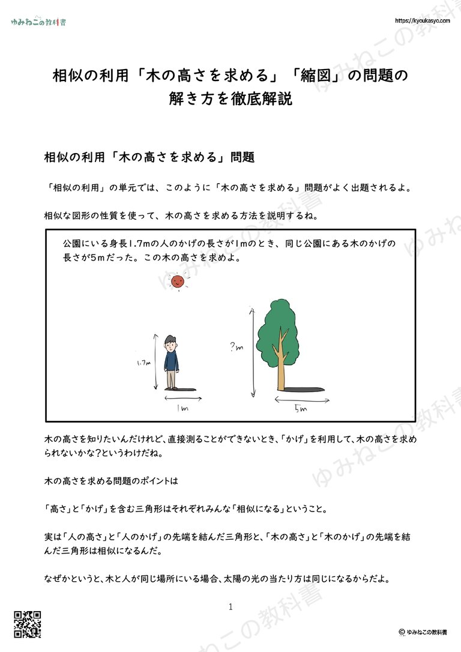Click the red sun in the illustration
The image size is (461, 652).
click(x=176, y=281)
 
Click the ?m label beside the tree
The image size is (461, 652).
click(x=237, y=346)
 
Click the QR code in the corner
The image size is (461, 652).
click(x=27, y=624)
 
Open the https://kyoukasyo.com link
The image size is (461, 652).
click(x=423, y=20)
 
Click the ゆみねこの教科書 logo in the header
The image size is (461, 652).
click(x=38, y=22)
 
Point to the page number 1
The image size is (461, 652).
click(x=230, y=607)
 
